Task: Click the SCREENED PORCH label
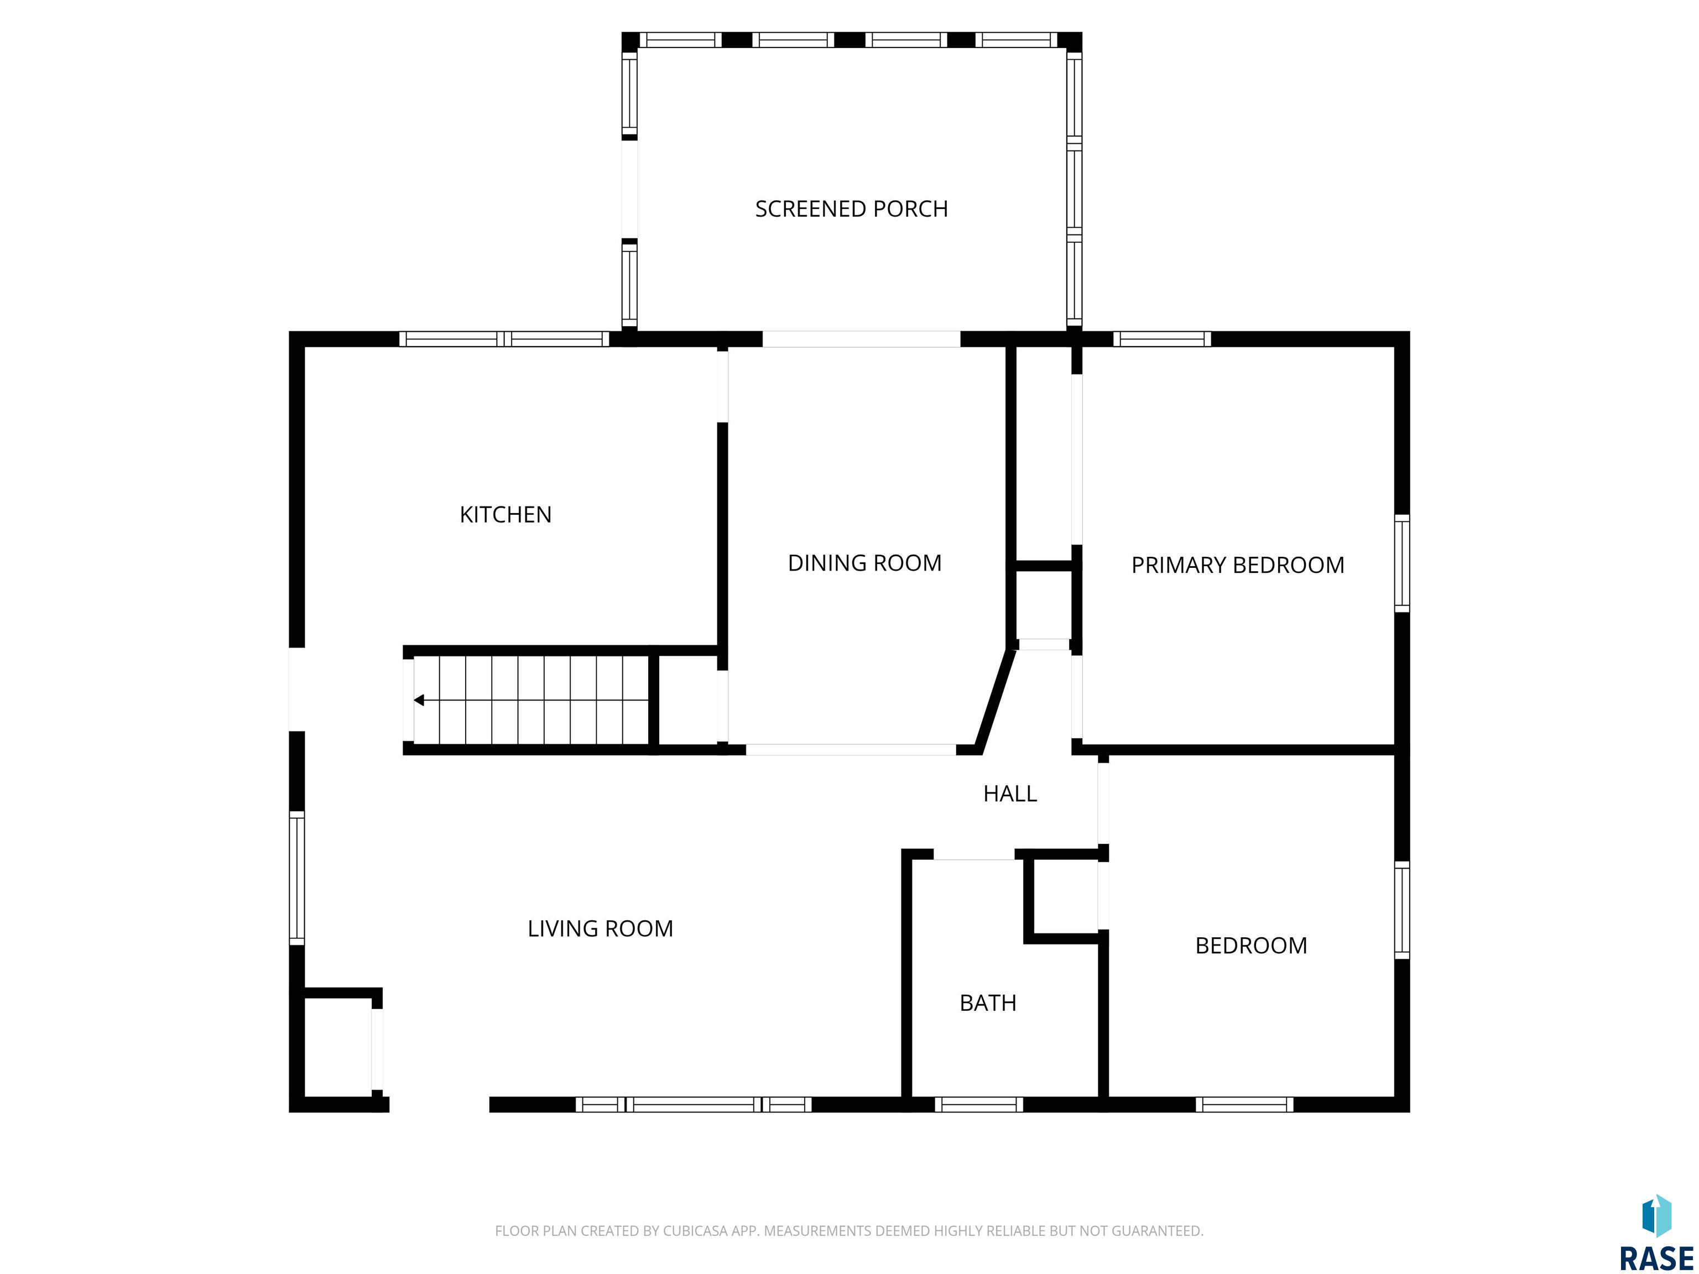851,209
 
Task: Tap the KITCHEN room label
505,514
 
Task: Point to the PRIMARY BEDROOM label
1237,565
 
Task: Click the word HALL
1010,793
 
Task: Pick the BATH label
988,1003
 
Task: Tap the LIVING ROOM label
600,928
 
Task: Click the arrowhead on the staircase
419,699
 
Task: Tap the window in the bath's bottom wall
978,1104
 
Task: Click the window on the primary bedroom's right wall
1402,563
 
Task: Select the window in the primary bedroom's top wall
1162,338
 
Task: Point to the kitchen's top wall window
504,338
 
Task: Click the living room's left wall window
296,878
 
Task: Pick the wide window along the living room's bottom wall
694,1104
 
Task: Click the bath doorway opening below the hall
974,854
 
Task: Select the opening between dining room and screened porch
861,338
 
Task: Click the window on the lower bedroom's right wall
1402,910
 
